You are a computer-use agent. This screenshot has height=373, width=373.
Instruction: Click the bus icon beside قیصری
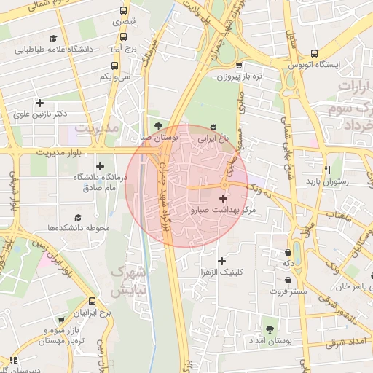click(123, 11)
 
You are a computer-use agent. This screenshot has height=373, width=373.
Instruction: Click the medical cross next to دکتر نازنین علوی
click(39, 103)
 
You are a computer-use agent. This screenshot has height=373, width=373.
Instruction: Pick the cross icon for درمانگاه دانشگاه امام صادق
click(99, 166)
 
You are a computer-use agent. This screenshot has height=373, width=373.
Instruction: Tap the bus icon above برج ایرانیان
click(92, 301)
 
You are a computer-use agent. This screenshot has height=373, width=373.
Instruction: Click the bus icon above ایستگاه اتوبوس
click(314, 53)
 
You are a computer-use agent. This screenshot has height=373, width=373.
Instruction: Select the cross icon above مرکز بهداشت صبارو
click(223, 198)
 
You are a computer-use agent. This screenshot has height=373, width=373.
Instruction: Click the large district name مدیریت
click(97, 127)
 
